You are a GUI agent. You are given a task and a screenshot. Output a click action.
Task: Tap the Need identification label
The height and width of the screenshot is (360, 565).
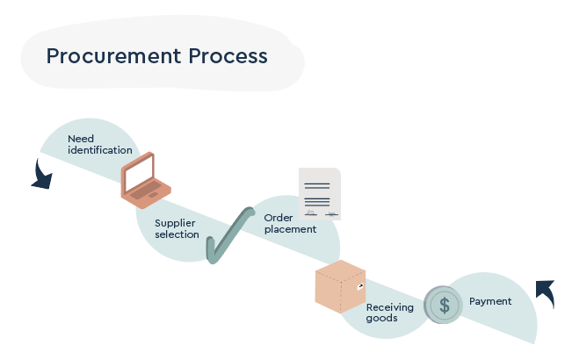(99, 144)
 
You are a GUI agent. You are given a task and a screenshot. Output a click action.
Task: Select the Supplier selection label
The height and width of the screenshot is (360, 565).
(177, 228)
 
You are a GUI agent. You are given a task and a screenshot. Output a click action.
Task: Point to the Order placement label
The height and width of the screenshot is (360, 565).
(290, 223)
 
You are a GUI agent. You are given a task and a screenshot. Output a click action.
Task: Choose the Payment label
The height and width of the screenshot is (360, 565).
(489, 301)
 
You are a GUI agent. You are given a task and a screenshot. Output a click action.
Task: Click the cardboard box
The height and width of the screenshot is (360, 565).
(339, 286)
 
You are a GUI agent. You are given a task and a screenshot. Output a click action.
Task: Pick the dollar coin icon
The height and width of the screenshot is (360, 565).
(444, 305)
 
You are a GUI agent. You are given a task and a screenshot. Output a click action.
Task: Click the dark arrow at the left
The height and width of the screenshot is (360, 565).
(40, 175)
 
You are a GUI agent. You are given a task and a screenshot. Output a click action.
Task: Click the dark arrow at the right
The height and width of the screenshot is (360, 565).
(546, 292)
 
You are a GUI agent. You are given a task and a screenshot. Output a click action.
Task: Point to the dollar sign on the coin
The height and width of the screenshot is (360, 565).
(445, 305)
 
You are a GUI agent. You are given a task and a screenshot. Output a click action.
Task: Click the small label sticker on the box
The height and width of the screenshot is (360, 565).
(359, 286)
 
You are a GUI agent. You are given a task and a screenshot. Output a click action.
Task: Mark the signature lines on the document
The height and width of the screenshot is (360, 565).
(320, 212)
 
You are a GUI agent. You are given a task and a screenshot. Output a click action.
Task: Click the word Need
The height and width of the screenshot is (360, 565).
(81, 139)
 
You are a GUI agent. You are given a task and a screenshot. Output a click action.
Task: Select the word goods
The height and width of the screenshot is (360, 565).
(381, 318)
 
